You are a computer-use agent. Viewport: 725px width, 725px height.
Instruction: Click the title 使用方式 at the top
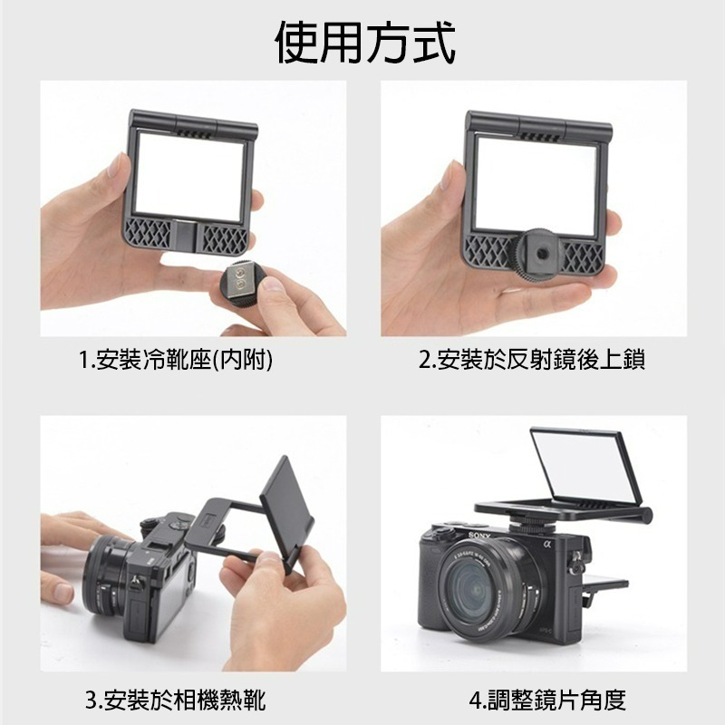point(365,43)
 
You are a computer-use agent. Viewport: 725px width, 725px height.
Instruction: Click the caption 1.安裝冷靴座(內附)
point(176,360)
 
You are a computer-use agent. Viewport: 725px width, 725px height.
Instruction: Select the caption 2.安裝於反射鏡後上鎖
point(532,360)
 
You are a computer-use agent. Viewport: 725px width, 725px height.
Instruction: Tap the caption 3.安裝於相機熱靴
point(176,700)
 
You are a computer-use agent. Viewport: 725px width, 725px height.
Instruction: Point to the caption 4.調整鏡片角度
point(548,700)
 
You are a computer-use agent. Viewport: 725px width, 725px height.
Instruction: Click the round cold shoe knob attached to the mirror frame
point(537,254)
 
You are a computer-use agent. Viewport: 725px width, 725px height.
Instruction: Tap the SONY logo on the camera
point(479,536)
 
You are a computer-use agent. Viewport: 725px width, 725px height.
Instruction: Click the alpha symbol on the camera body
point(548,545)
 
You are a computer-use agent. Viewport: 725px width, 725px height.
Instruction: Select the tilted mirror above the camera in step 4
point(585,466)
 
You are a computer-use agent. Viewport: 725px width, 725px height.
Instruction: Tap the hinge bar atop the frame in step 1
point(193,124)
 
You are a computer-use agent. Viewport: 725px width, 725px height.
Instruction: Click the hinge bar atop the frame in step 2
point(537,126)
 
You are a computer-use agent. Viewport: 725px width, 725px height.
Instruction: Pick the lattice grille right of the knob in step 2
point(584,258)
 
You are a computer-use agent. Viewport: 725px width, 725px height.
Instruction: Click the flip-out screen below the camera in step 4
point(604,584)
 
